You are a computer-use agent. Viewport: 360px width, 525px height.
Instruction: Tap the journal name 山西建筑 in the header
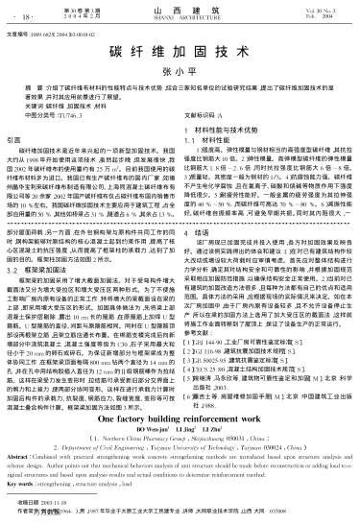click(x=180, y=10)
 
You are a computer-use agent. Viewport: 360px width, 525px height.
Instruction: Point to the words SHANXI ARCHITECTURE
click(x=180, y=18)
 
